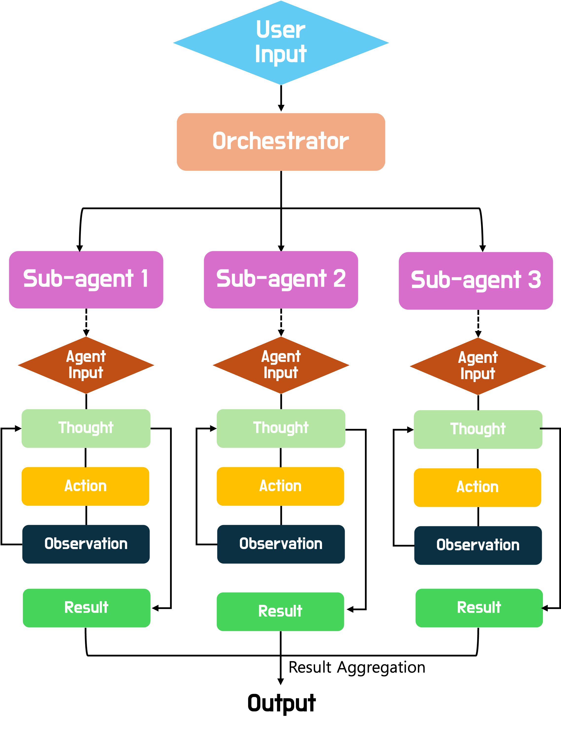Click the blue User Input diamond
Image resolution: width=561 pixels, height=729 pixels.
point(281,43)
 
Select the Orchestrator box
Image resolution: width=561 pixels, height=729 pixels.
point(281,142)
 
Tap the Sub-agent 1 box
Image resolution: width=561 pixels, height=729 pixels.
point(86,280)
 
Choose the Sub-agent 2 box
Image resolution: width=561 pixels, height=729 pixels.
point(281,280)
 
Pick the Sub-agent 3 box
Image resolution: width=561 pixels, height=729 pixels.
point(476,281)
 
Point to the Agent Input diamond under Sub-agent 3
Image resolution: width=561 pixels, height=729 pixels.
point(478,366)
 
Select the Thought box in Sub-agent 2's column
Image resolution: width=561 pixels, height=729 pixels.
point(281,428)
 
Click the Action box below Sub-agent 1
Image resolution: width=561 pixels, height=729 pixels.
point(85,486)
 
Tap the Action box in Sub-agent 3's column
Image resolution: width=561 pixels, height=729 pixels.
point(477,488)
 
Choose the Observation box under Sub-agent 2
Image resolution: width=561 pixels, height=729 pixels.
point(281,544)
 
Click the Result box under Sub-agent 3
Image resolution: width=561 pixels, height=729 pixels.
point(479,608)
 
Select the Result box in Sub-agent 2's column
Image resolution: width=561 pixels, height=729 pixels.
point(280,612)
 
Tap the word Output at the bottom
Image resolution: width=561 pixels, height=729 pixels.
point(282,703)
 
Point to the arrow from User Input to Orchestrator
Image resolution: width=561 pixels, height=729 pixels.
point(281,98)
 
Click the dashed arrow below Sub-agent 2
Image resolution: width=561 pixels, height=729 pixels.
point(281,322)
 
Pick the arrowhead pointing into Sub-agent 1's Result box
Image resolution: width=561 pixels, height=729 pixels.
point(155,608)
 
